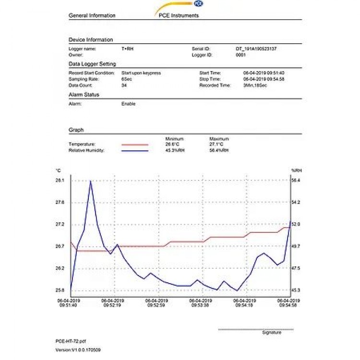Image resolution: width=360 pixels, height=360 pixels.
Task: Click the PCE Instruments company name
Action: point(179,15)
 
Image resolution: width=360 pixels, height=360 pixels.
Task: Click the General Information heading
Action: point(92,15)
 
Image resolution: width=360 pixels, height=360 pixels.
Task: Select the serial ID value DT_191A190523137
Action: point(256,49)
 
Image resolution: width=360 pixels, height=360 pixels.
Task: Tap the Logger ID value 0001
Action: point(240,55)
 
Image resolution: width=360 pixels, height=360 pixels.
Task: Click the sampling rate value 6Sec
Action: point(126,79)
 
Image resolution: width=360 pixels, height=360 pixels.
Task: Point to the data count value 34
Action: point(124,85)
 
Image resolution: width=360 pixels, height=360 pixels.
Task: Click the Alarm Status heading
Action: point(84,95)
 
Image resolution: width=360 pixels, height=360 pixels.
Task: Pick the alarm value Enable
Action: point(128,104)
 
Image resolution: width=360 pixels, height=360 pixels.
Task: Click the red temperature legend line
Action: point(135,144)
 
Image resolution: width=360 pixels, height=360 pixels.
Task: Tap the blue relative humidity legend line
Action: point(135,151)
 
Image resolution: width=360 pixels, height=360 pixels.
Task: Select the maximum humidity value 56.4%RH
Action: point(219,151)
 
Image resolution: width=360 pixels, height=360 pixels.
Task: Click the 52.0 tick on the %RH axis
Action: point(296,224)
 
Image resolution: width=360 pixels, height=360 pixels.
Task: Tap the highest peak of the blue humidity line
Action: point(91,181)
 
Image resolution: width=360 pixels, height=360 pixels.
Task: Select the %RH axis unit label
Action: point(295,170)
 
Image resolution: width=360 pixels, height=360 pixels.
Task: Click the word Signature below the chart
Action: point(272,332)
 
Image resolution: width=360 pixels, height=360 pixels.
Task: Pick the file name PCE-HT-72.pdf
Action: point(71,341)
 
